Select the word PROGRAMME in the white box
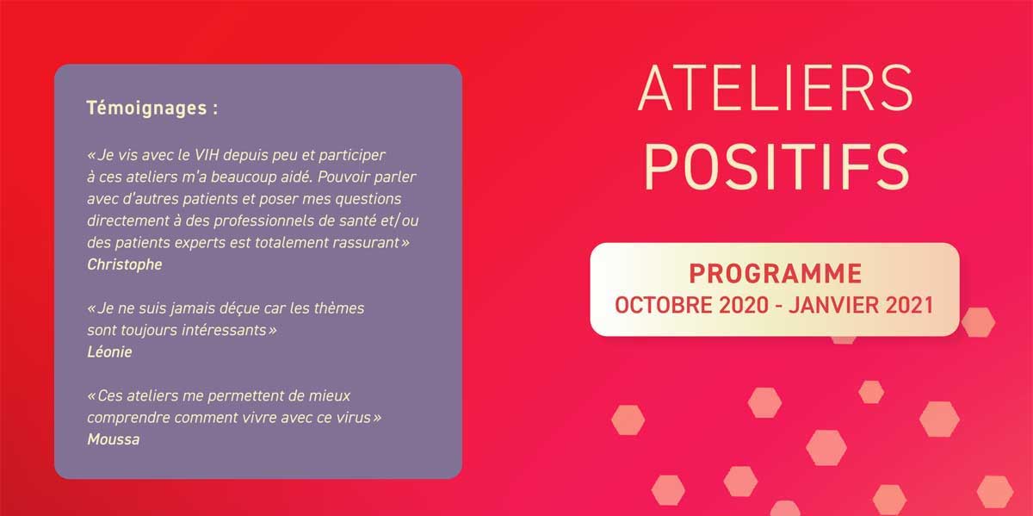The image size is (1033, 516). [775, 275]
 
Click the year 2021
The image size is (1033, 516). [906, 306]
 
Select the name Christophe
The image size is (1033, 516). [125, 264]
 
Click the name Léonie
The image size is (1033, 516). [109, 351]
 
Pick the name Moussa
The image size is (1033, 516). [114, 439]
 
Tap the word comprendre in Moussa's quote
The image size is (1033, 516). [126, 418]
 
